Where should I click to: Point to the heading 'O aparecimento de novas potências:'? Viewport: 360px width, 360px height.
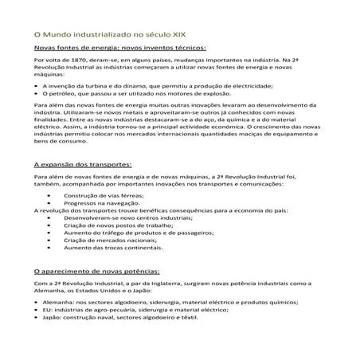(98, 272)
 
